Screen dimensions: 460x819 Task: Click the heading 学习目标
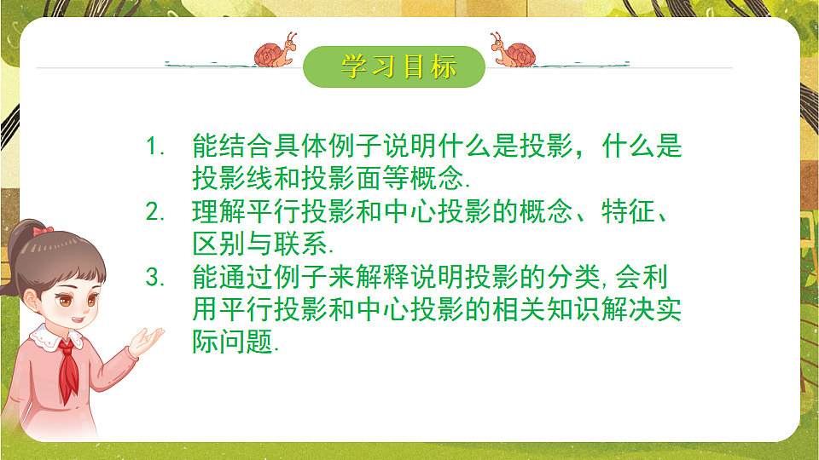coord(399,66)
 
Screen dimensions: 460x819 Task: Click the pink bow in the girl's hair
coord(44,230)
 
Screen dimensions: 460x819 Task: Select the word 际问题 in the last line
coord(234,343)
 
